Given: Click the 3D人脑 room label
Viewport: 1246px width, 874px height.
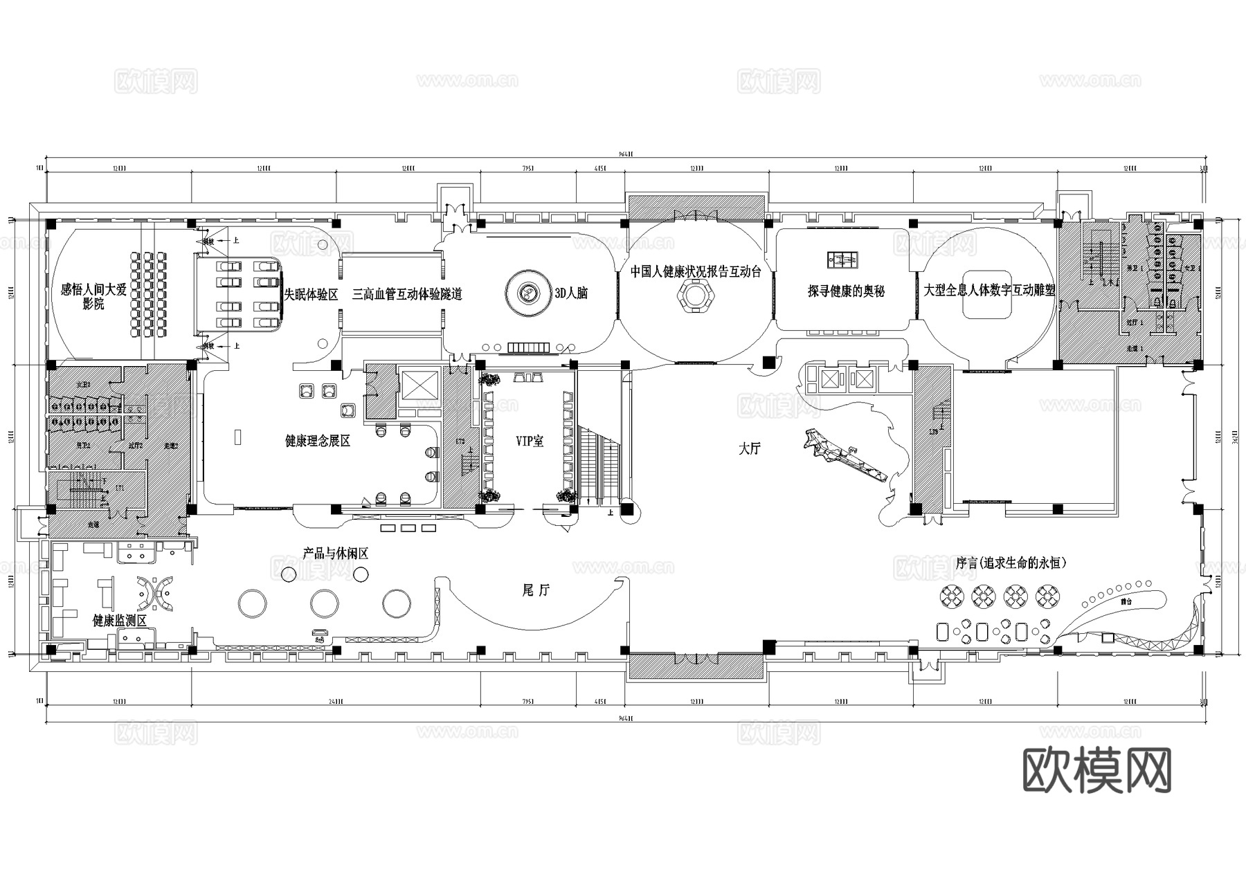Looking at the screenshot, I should (x=571, y=293).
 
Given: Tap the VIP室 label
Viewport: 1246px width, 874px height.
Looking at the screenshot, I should (x=530, y=441).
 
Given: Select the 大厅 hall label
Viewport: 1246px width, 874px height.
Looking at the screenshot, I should (x=749, y=449).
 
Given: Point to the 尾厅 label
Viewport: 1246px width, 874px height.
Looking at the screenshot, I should (x=535, y=590).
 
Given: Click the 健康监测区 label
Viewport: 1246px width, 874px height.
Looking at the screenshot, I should (x=120, y=621).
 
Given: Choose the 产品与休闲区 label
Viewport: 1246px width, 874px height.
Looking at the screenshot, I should (x=335, y=554).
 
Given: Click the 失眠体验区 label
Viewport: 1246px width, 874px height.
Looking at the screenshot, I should (x=311, y=295).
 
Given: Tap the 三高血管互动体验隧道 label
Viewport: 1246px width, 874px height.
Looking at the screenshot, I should (x=406, y=295).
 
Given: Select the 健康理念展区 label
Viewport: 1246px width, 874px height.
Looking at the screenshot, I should (x=318, y=441).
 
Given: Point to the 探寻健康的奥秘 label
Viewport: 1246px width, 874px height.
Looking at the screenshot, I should (x=846, y=291).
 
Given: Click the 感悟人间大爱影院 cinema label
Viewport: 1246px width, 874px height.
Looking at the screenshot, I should (x=93, y=296).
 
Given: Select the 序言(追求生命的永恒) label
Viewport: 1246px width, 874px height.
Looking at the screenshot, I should (x=1011, y=563).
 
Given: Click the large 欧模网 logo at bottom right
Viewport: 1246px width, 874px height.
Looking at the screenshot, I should (x=1096, y=770).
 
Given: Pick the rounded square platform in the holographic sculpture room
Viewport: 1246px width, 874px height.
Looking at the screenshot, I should (x=988, y=295).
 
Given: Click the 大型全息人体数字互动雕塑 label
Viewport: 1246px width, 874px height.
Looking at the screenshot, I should (x=989, y=290).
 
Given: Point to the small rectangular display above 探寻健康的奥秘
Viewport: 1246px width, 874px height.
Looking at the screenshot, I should (x=842, y=260).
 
